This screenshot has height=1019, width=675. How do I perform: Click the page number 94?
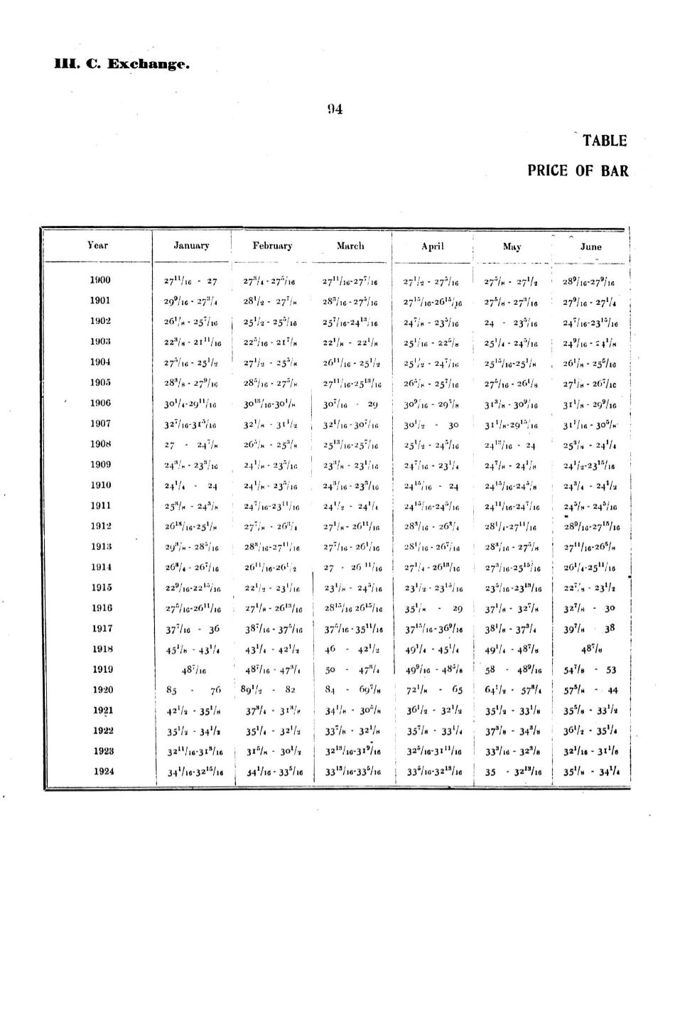(335, 109)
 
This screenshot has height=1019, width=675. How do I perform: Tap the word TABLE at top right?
(604, 141)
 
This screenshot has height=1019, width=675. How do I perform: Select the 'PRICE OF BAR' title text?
(578, 171)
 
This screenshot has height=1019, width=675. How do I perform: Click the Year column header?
(97, 245)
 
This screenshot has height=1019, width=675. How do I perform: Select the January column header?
(191, 246)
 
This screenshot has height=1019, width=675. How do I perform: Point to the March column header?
(350, 246)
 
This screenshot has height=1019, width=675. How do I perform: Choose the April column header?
(432, 247)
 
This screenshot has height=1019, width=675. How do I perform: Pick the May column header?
(512, 247)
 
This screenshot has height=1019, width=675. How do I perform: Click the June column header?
(590, 247)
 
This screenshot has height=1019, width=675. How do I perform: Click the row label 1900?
(100, 280)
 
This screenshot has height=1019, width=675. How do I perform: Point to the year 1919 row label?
(102, 669)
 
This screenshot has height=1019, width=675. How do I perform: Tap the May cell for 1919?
(512, 669)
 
